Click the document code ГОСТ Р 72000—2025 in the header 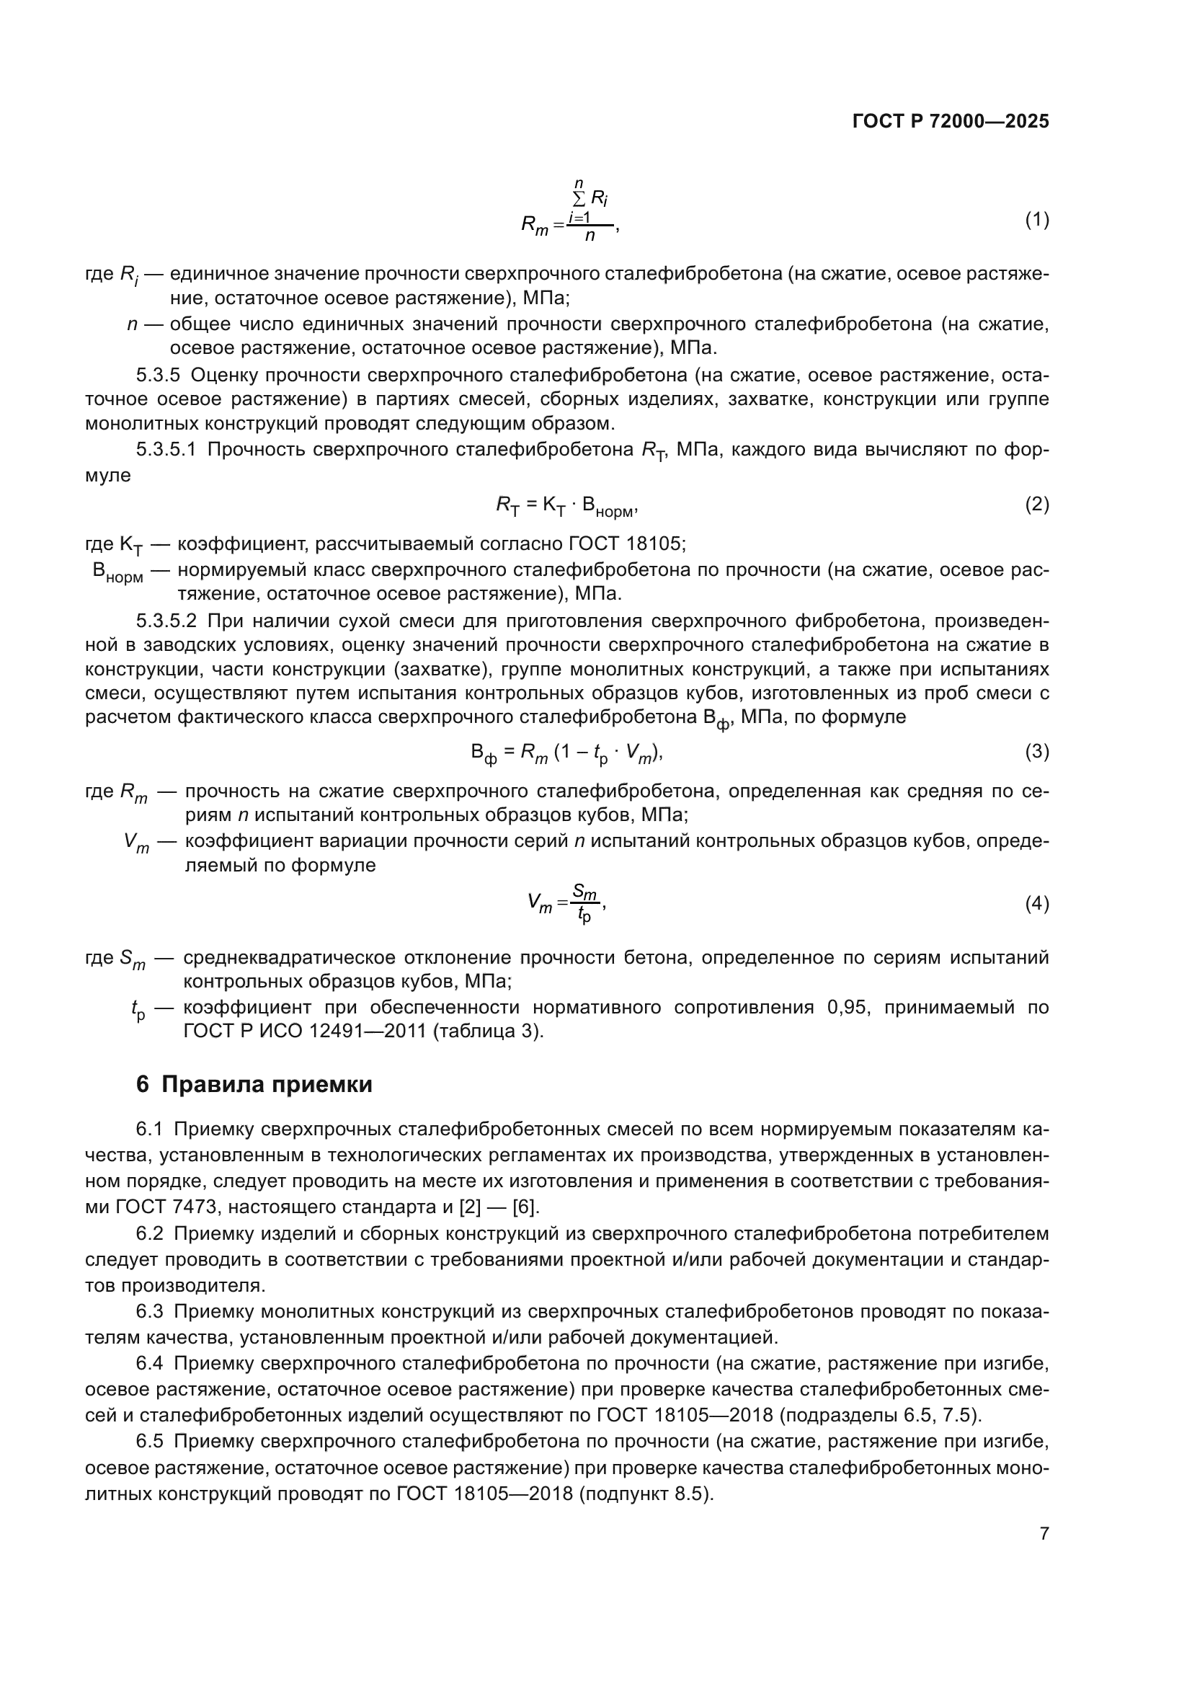pos(950,122)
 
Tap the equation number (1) pos(1036,220)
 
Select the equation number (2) pos(1036,505)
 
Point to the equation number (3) pos(1036,751)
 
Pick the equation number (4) pos(1036,904)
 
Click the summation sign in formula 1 pos(579,198)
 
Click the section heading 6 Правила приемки pos(254,1085)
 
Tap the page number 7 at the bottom pos(1044,1534)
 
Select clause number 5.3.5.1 pos(166,450)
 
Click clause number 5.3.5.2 pos(166,621)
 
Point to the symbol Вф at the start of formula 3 pos(484,753)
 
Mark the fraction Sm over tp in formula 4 pos(585,903)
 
